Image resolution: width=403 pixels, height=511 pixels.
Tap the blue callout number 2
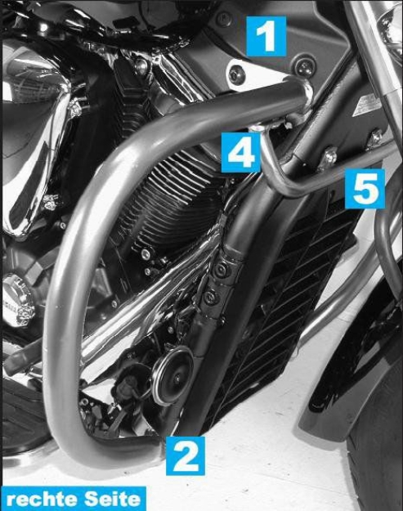point(186,455)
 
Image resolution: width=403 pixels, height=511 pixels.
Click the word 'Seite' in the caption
point(111,498)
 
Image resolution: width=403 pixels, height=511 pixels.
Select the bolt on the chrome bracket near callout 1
point(237,76)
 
